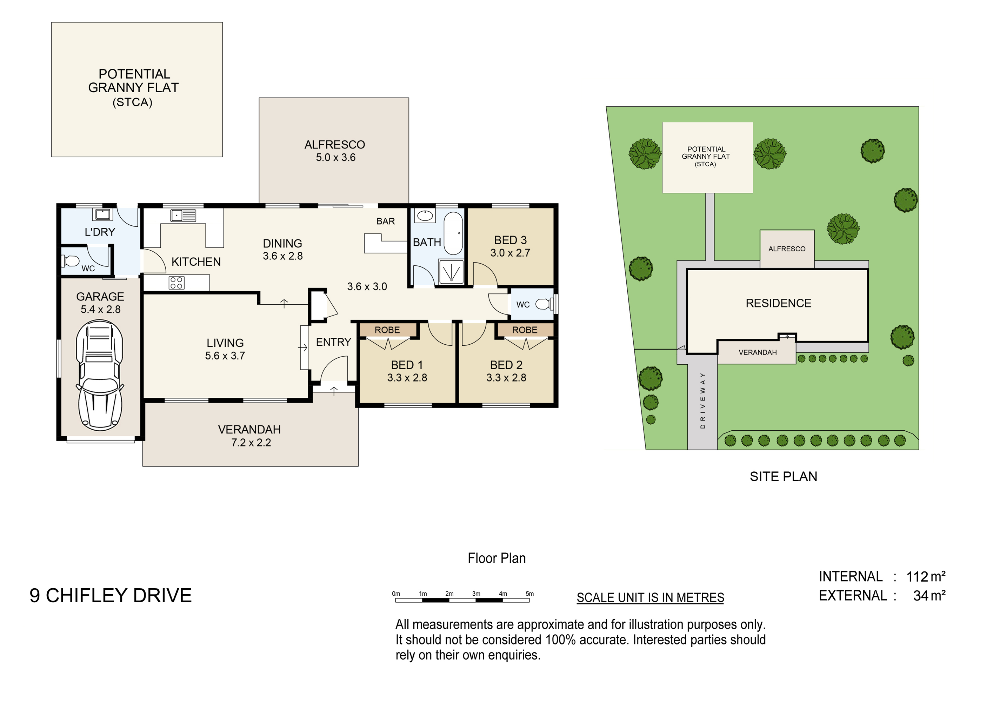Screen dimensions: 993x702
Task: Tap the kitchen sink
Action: point(184,216)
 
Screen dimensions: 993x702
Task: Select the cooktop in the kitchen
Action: point(176,283)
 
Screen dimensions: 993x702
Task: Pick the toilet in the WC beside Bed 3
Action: point(545,304)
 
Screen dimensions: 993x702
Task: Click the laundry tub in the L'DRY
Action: point(102,214)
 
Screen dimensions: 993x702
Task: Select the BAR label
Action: point(385,221)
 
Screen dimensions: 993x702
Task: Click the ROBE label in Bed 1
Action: point(387,330)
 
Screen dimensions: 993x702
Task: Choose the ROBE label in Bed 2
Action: point(525,330)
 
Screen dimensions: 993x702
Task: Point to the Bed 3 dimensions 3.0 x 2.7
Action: point(510,253)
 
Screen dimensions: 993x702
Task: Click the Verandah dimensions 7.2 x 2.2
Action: point(251,443)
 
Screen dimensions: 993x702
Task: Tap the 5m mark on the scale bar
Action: point(530,594)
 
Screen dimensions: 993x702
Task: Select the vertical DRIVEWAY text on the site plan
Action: point(702,400)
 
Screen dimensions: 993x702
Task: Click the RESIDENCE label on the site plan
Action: point(779,303)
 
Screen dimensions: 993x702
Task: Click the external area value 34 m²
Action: point(929,596)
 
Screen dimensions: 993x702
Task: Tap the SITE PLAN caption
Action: point(783,477)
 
